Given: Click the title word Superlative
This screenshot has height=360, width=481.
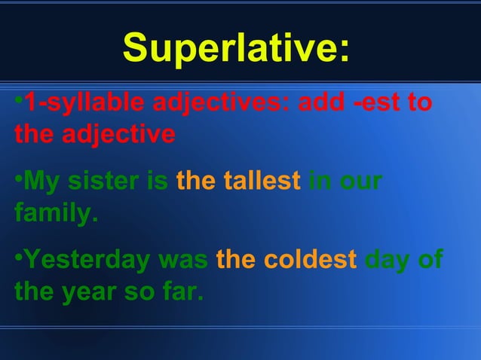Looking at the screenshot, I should tap(235, 49).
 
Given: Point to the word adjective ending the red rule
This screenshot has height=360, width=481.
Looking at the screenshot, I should tap(118, 136).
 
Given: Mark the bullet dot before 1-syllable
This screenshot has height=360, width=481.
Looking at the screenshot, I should tap(18, 102).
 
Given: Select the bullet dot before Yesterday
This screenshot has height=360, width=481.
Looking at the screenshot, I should tap(18, 258).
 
